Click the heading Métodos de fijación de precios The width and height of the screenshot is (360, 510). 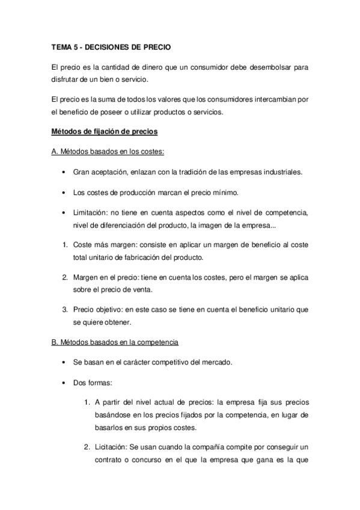[104, 131]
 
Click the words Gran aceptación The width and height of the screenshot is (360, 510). [98, 172]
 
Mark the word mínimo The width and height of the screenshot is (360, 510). [225, 193]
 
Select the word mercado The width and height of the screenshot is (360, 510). [208, 363]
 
